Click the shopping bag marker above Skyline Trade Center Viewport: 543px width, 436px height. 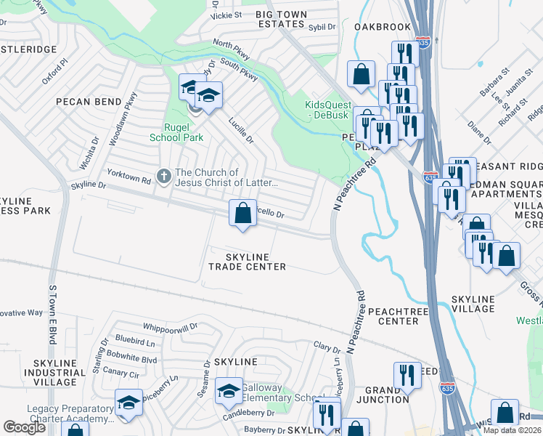(243, 214)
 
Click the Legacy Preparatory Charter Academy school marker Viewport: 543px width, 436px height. (128, 403)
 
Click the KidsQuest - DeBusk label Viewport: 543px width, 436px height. (327, 110)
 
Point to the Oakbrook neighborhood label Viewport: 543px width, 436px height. (383, 27)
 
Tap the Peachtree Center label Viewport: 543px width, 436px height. (393, 315)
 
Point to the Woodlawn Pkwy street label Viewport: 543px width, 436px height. (122, 120)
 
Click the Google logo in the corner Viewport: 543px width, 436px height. (24, 427)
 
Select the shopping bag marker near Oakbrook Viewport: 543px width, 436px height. (361, 73)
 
